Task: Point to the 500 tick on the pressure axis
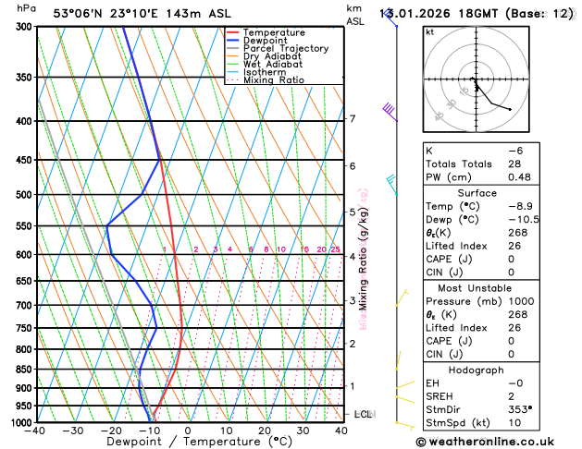[24, 195]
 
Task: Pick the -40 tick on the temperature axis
[35, 431]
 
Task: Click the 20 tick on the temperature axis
[265, 431]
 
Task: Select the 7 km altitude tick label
[353, 119]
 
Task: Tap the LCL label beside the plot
[363, 414]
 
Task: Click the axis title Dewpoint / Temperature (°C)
[188, 443]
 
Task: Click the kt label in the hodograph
[429, 32]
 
